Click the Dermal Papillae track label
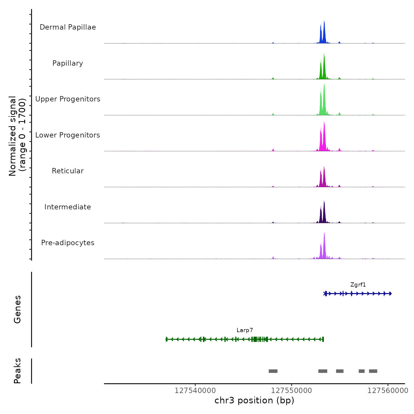pyautogui.click(x=68, y=27)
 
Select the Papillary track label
pyautogui.click(x=68, y=63)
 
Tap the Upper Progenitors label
pyautogui.click(x=68, y=99)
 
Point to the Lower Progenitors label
pyautogui.click(x=68, y=135)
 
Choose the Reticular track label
pyautogui.click(x=68, y=171)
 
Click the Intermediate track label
pyautogui.click(x=68, y=207)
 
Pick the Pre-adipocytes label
pyautogui.click(x=68, y=243)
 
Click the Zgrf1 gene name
pyautogui.click(x=358, y=285)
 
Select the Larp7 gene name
pyautogui.click(x=245, y=330)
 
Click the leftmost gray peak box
pyautogui.click(x=273, y=371)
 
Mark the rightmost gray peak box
pyautogui.click(x=373, y=371)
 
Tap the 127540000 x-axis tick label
pyautogui.click(x=195, y=391)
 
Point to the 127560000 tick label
pyautogui.click(x=388, y=391)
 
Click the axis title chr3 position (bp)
pyautogui.click(x=254, y=400)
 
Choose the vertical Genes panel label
pyautogui.click(x=17, y=309)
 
